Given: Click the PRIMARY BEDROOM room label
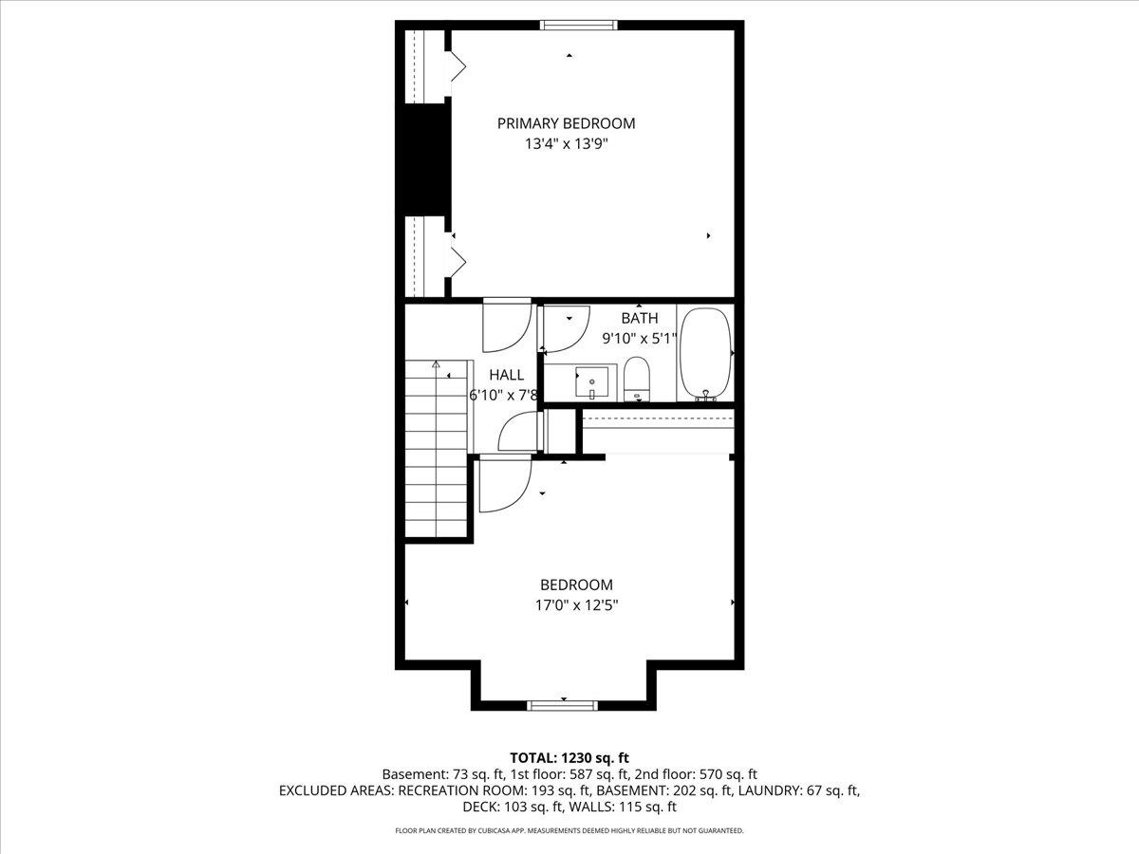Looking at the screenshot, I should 567,123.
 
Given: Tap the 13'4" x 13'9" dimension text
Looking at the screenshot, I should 567,145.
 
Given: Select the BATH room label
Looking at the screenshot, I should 640,318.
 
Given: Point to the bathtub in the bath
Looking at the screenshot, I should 705,353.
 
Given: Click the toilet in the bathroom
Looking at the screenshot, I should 636,379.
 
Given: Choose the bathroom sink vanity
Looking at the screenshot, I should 592,381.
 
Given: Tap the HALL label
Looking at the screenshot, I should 506,375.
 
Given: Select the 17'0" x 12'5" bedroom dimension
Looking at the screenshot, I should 576,605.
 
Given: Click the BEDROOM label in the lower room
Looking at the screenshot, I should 576,585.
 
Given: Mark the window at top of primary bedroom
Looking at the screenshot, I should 579,25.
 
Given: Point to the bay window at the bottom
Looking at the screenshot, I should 563,705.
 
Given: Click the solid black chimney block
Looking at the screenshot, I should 424,158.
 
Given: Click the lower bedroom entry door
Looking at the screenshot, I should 504,483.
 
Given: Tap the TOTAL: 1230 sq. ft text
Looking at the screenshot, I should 569,757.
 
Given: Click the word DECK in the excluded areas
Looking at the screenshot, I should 481,807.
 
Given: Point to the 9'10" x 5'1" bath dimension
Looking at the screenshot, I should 640,338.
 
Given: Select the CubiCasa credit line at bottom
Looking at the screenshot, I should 569,830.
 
